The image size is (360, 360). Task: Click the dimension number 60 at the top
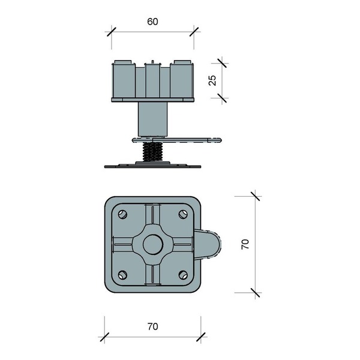pyautogui.click(x=152, y=22)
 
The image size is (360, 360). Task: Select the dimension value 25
pyautogui.click(x=212, y=80)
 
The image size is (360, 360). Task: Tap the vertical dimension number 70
pyautogui.click(x=245, y=244)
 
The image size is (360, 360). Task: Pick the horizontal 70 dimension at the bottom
pyautogui.click(x=152, y=326)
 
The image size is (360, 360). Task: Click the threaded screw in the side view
pyautogui.click(x=152, y=152)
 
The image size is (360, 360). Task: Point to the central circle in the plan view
pyautogui.click(x=153, y=244)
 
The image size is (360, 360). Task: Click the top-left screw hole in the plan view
pyautogui.click(x=122, y=214)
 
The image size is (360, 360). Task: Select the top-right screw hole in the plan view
pyautogui.click(x=183, y=214)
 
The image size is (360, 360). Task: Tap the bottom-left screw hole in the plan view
pyautogui.click(x=122, y=275)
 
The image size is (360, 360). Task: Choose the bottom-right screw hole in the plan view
pyautogui.click(x=183, y=275)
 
